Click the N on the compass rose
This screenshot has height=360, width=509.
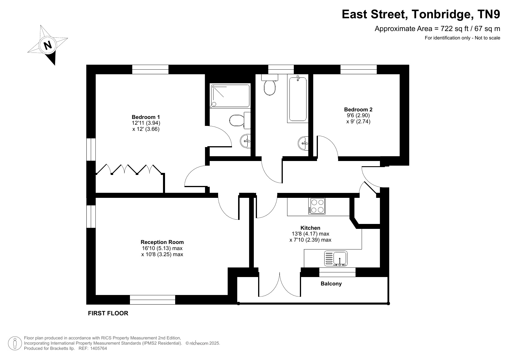point(48,45)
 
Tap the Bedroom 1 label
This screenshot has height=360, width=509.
point(146,117)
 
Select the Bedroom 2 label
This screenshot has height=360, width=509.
point(358,109)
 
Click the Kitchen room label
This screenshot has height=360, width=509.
point(310,228)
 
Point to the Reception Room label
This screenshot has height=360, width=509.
point(162,242)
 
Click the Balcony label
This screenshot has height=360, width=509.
point(331,284)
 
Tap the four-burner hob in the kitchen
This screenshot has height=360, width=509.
point(317,206)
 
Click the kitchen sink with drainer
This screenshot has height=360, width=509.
point(336,258)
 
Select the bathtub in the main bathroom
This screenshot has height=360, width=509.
point(298,98)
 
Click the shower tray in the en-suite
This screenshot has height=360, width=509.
point(230,96)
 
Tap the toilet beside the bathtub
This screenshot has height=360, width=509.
point(270,84)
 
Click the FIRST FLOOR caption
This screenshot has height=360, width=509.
point(108,313)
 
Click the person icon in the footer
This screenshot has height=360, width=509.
point(15,343)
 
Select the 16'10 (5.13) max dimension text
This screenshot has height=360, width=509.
point(162,248)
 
